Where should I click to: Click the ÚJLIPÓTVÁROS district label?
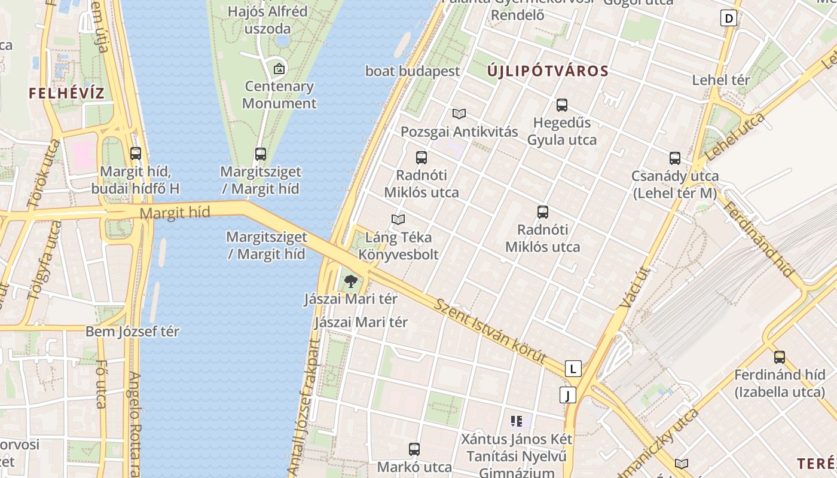click(548, 71)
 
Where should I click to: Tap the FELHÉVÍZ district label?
click(67, 93)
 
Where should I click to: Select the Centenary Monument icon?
click(279, 69)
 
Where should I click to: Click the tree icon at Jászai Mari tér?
click(350, 281)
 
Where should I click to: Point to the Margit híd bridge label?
click(175, 213)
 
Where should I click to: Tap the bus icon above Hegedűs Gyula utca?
click(562, 105)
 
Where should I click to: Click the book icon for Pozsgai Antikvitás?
click(459, 114)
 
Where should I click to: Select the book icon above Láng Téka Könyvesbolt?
click(398, 219)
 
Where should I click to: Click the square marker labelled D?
click(729, 19)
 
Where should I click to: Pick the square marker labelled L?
click(573, 369)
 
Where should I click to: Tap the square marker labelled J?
click(567, 395)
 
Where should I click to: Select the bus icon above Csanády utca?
click(675, 158)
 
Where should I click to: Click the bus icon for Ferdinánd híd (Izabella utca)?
click(780, 357)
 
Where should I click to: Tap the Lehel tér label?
click(720, 80)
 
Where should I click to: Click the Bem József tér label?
click(132, 332)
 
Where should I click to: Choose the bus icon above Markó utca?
click(414, 449)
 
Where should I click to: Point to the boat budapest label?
click(413, 71)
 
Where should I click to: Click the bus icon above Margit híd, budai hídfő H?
click(136, 154)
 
